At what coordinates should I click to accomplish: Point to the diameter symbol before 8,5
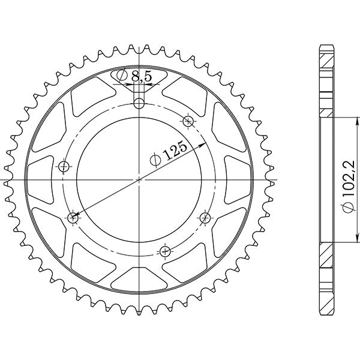(x=121, y=76)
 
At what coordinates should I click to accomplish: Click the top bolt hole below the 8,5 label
(x=139, y=104)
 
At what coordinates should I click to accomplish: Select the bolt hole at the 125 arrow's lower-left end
(x=74, y=217)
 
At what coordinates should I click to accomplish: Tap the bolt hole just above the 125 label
(x=188, y=121)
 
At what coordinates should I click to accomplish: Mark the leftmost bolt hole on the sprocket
(x=64, y=166)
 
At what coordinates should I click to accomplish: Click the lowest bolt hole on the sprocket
(x=166, y=250)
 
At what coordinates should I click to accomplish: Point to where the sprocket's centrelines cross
(x=139, y=179)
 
